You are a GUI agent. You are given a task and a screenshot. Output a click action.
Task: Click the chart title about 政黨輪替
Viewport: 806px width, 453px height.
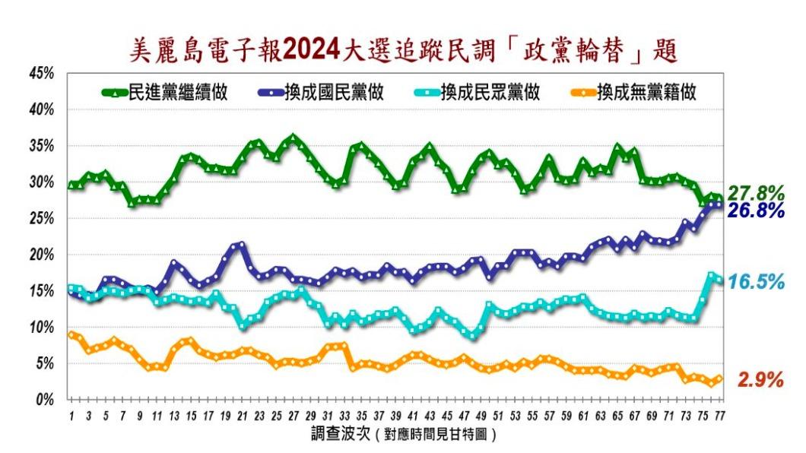click(404, 52)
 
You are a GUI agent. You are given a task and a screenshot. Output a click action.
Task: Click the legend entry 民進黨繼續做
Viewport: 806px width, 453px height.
click(164, 93)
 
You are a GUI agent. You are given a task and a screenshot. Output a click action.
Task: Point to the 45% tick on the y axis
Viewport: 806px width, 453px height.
click(41, 73)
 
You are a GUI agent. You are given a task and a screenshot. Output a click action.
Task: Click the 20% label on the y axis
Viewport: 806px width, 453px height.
click(41, 255)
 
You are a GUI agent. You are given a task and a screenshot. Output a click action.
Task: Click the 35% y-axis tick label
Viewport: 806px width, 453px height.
click(41, 146)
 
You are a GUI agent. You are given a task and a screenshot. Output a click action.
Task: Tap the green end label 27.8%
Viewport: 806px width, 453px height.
click(755, 193)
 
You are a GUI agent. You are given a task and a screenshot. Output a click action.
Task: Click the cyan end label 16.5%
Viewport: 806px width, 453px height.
click(755, 282)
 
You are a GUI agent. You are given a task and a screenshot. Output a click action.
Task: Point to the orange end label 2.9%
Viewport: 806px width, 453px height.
click(760, 380)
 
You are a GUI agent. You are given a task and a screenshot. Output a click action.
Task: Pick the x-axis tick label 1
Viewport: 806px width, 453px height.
click(71, 416)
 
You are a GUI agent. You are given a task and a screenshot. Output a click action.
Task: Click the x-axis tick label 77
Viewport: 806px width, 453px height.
click(719, 416)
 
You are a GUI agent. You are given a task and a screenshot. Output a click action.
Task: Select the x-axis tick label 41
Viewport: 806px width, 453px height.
click(412, 416)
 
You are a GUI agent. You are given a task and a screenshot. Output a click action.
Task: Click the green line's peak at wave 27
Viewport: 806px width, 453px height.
click(293, 139)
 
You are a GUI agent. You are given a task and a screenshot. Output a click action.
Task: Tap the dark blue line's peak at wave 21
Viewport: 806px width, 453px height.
click(242, 245)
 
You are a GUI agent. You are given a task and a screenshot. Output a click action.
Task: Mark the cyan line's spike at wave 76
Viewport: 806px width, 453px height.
click(711, 276)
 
